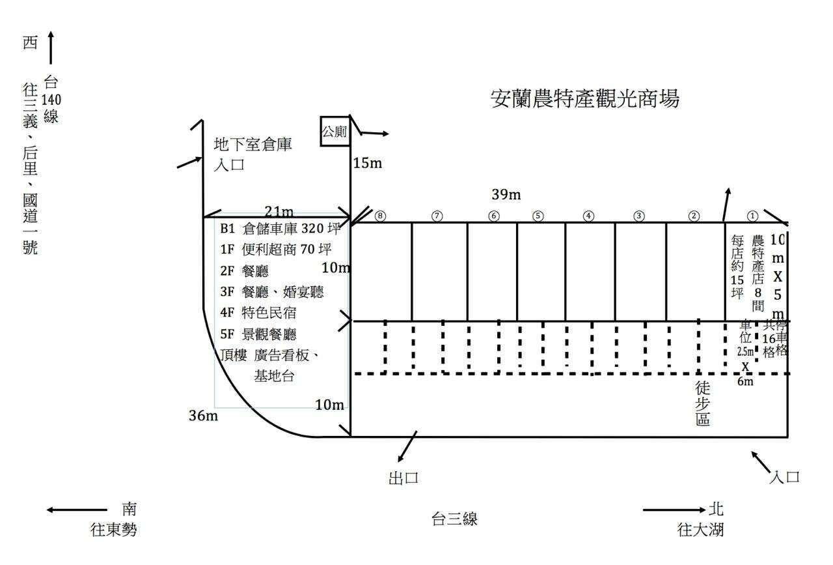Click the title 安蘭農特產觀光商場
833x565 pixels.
click(x=584, y=99)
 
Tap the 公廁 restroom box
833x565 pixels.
click(x=335, y=132)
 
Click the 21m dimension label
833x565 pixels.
click(x=279, y=210)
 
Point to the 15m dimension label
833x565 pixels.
click(x=367, y=163)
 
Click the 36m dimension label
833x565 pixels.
click(x=203, y=415)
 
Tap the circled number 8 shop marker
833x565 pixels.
click(x=380, y=216)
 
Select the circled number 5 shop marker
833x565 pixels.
click(x=538, y=216)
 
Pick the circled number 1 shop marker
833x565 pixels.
click(x=752, y=216)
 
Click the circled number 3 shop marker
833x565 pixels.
click(x=639, y=216)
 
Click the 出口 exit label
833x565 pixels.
click(x=403, y=478)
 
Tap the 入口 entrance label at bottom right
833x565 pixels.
click(x=784, y=477)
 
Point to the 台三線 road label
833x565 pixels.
click(x=455, y=519)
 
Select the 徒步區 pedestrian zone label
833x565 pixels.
click(x=703, y=403)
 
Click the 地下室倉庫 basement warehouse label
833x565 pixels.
click(x=253, y=145)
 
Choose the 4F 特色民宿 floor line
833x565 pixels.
click(x=259, y=312)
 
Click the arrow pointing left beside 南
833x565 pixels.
click(x=76, y=510)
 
